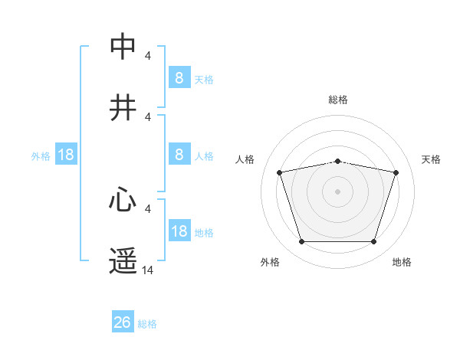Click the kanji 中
[123, 46]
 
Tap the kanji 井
[123, 108]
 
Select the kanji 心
[123, 201]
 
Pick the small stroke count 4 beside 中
[148, 55]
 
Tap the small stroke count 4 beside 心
[148, 208]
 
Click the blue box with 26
[123, 322]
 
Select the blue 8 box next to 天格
[179, 77]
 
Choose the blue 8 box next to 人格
[179, 155]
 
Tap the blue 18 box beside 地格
[179, 231]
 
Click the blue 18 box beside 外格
[66, 155]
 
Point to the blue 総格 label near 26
[147, 324]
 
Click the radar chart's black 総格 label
[338, 100]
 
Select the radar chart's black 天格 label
[432, 159]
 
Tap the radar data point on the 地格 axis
[373, 242]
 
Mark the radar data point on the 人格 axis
[280, 172]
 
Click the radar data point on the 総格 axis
[338, 161]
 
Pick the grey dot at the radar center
[338, 191]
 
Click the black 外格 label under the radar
[270, 262]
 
